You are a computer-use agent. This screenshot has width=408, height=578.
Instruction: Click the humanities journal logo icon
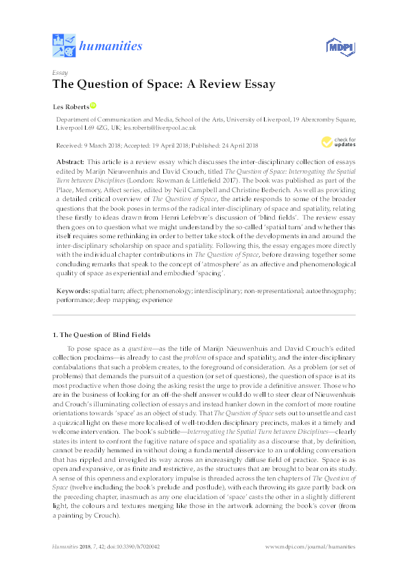click(64, 45)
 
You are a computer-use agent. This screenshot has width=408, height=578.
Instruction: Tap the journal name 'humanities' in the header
click(111, 46)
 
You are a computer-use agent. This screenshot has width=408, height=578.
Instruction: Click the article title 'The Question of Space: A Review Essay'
click(164, 84)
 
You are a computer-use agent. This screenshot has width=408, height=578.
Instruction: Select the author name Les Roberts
click(71, 106)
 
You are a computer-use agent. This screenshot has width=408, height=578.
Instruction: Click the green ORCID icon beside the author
click(93, 106)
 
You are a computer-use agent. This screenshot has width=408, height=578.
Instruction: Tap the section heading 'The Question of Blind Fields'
click(102, 334)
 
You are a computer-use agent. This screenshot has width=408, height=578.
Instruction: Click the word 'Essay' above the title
click(59, 71)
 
